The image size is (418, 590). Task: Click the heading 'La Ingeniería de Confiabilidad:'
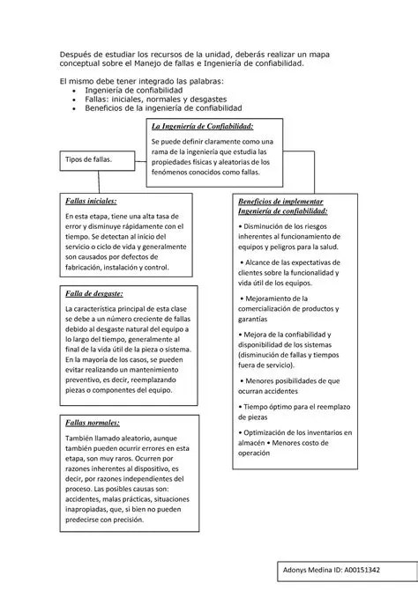pos(203,128)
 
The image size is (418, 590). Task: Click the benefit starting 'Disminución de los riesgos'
pos(287,227)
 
